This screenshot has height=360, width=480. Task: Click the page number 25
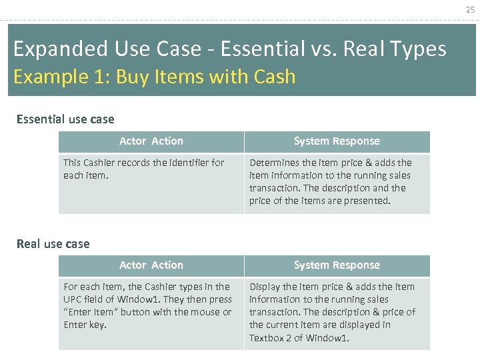(x=471, y=9)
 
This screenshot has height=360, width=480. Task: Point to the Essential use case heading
(x=65, y=119)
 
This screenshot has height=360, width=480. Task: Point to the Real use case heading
(x=53, y=244)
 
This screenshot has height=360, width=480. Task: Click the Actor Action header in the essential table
(x=151, y=141)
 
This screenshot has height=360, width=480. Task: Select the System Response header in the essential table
(x=337, y=141)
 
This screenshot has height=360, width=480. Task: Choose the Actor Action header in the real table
(x=151, y=265)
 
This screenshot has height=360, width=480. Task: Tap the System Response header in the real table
(x=337, y=265)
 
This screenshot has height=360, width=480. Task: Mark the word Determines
(x=274, y=163)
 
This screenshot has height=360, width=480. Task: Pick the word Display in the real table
(x=265, y=287)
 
